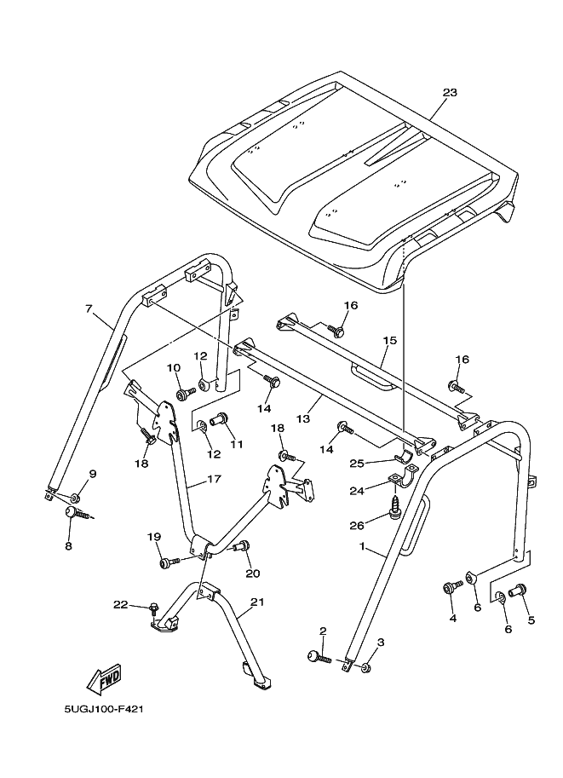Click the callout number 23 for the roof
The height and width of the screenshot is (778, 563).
451,93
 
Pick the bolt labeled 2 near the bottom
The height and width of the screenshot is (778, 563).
319,657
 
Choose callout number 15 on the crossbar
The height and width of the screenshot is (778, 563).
389,340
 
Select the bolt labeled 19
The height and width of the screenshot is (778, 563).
167,562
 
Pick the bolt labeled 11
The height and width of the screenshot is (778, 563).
218,418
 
